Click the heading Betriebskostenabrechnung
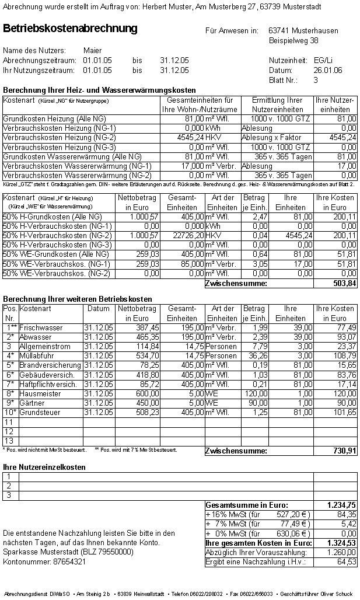(x=70, y=29)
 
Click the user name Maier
(x=93, y=51)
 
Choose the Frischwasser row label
(x=41, y=328)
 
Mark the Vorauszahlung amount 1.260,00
(x=342, y=553)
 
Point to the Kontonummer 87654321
(x=67, y=561)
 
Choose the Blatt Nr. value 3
(x=316, y=80)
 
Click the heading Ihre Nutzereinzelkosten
(x=44, y=467)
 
